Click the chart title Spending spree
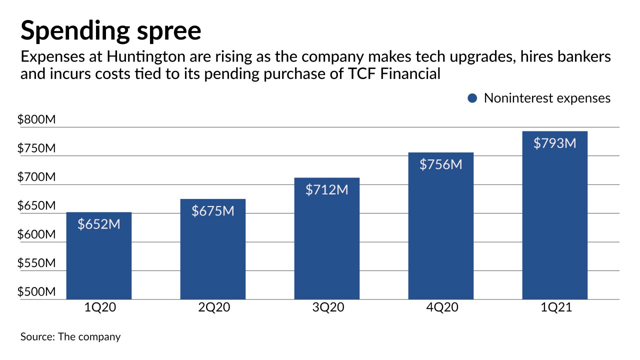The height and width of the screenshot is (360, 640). [110, 31]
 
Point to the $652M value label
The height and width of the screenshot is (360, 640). [98, 224]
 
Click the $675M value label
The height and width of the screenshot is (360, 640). [212, 211]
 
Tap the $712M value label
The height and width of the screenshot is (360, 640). [326, 189]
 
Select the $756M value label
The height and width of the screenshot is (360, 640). [440, 164]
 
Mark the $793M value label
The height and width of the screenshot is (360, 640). [554, 143]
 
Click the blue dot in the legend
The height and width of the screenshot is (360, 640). [472, 98]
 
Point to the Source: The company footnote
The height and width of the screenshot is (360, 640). [70, 336]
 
